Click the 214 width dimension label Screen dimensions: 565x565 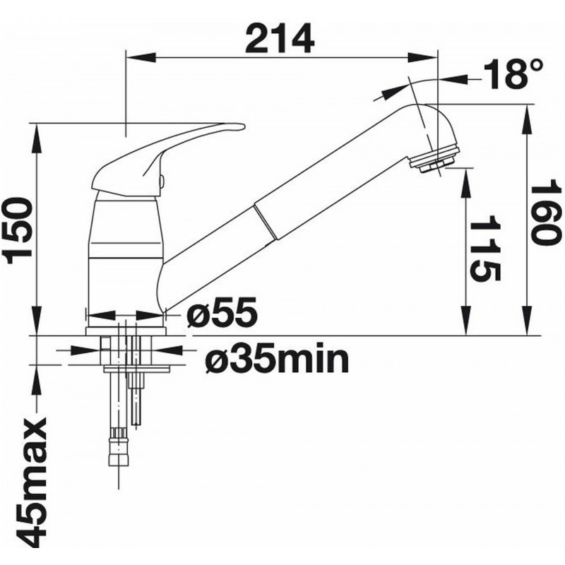279,39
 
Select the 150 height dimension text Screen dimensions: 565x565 18,230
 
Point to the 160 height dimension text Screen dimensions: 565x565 547,216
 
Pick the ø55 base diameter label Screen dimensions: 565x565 222,312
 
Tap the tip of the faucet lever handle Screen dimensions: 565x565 244,127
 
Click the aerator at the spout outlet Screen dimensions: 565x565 435,160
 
